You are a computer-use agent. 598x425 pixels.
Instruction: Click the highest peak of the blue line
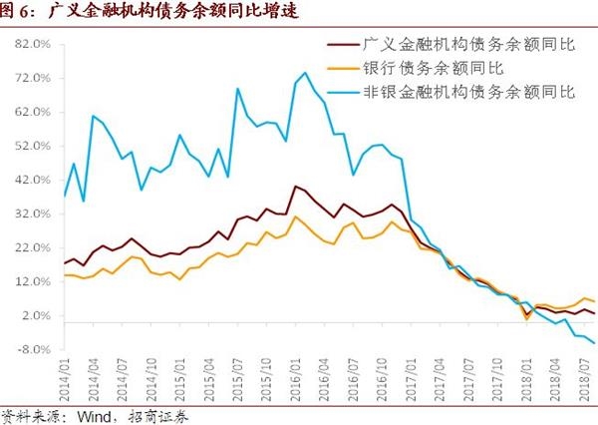tap(305, 72)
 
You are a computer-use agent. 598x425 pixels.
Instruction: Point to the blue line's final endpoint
tap(594, 343)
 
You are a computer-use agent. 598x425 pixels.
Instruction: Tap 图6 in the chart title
tap(17, 12)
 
